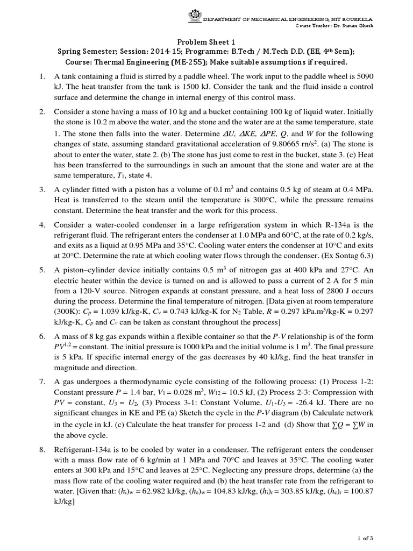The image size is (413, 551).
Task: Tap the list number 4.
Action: pyautogui.click(x=41, y=224)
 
